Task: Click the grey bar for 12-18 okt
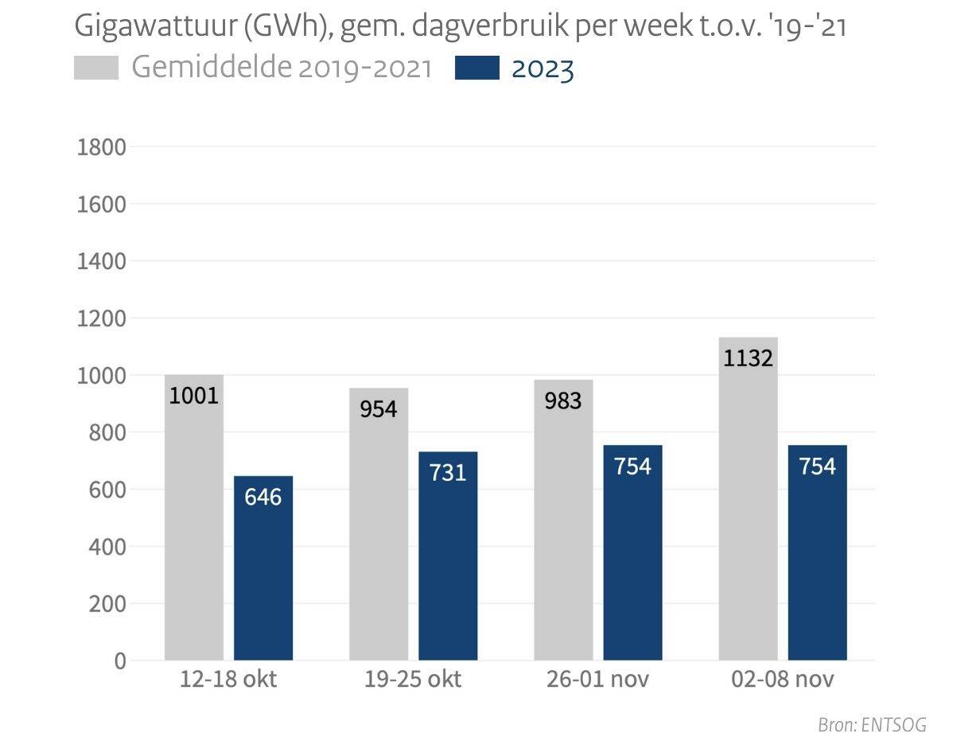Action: (x=194, y=525)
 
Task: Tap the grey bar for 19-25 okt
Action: (x=379, y=533)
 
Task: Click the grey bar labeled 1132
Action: (x=748, y=509)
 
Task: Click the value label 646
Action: (x=263, y=497)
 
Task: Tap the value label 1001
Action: (x=194, y=396)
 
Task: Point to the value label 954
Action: (x=379, y=409)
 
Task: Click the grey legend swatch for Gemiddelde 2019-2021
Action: (x=96, y=68)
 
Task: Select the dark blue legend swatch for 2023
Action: (x=477, y=68)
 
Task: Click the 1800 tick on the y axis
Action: (x=101, y=147)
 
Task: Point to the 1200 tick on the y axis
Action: (x=101, y=318)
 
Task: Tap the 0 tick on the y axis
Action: (x=119, y=661)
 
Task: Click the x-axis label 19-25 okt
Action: (x=413, y=681)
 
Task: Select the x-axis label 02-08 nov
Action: (x=782, y=681)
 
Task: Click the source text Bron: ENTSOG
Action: (x=872, y=725)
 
